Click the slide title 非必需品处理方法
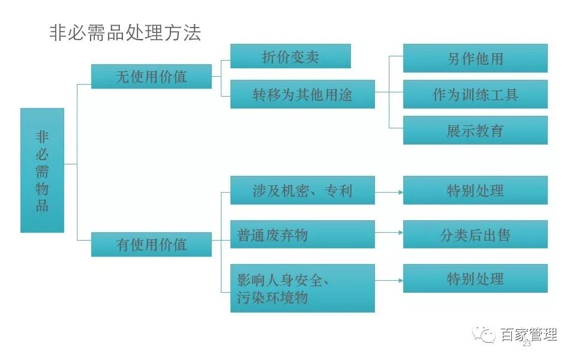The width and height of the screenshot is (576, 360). (125, 33)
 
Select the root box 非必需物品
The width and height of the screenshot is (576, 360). (42, 170)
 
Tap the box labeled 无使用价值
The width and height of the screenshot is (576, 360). (151, 76)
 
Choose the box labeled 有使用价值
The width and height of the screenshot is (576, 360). (151, 244)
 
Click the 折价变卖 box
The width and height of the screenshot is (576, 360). (290, 56)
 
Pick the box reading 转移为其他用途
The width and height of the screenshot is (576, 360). (302, 94)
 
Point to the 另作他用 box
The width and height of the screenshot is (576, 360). (475, 58)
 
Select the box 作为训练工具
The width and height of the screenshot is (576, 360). (475, 94)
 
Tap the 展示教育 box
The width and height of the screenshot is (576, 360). (475, 130)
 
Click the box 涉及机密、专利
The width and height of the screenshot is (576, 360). (302, 190)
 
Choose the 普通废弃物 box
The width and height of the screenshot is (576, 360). (302, 235)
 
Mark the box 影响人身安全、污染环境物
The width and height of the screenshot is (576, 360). (302, 289)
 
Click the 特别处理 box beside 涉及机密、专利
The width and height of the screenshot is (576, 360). (475, 190)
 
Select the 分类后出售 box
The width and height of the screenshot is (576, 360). (475, 235)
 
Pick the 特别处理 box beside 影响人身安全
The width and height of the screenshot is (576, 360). (475, 278)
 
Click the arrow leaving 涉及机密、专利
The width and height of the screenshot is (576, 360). (389, 192)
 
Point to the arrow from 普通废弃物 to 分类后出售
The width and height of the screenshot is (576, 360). (389, 233)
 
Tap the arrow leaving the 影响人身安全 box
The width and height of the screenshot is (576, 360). (389, 281)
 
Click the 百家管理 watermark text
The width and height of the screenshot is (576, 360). (529, 335)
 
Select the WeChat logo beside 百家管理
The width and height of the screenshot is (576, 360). (484, 335)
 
